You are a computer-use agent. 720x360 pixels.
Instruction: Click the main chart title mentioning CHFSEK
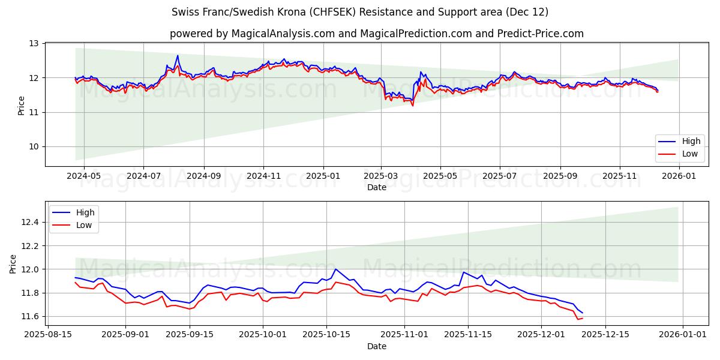[x=360, y=12]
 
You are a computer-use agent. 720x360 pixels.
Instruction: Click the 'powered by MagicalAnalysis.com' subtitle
[x=376, y=34]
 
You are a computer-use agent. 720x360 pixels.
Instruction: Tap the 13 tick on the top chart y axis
[x=34, y=44]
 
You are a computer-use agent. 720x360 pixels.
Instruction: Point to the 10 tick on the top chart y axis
[x=34, y=147]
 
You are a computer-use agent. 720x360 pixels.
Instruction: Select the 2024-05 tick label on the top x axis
[x=83, y=176]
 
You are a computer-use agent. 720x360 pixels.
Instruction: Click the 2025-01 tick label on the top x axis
[x=323, y=176]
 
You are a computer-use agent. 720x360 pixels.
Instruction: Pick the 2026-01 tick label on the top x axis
[x=679, y=176]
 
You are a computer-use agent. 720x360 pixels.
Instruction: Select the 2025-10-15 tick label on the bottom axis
[x=326, y=335]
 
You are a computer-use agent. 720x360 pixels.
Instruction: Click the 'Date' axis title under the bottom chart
[x=377, y=347]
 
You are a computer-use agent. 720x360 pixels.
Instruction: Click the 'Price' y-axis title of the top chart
[x=22, y=105]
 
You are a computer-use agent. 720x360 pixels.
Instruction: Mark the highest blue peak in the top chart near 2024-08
[x=178, y=56]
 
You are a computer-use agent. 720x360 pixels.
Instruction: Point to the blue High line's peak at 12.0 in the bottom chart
[x=335, y=269]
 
